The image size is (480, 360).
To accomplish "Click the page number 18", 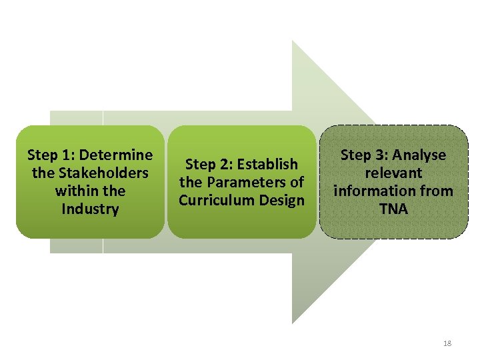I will pyautogui.click(x=447, y=343).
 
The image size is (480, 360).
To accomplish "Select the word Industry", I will pyautogui.click(x=90, y=209).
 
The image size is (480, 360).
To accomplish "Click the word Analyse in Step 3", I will pyautogui.click(x=419, y=155).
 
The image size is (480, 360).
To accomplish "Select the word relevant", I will pyautogui.click(x=393, y=173).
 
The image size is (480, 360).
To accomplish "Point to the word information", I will pyautogui.click(x=378, y=191).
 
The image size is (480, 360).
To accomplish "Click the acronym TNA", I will pyautogui.click(x=393, y=209).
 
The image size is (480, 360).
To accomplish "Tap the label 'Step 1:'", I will pyautogui.click(x=51, y=155).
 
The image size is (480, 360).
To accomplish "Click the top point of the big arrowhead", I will pyautogui.click(x=293, y=41).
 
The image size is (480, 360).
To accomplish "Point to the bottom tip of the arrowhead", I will pyautogui.click(x=293, y=323).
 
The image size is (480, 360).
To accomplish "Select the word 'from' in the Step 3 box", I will pyautogui.click(x=438, y=191).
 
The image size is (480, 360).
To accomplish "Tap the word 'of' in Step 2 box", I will pyautogui.click(x=297, y=182).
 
